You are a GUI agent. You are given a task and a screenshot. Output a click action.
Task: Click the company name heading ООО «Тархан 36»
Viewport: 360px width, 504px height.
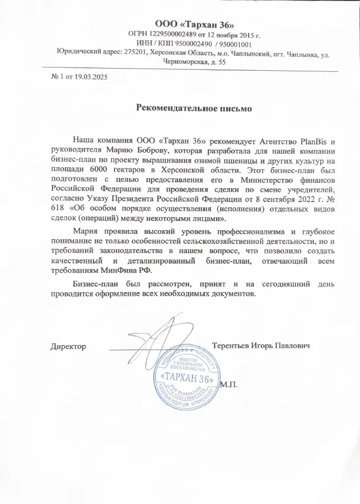pyautogui.click(x=194, y=24)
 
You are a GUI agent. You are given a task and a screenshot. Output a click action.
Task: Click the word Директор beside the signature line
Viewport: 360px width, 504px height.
pyautogui.click(x=69, y=346)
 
